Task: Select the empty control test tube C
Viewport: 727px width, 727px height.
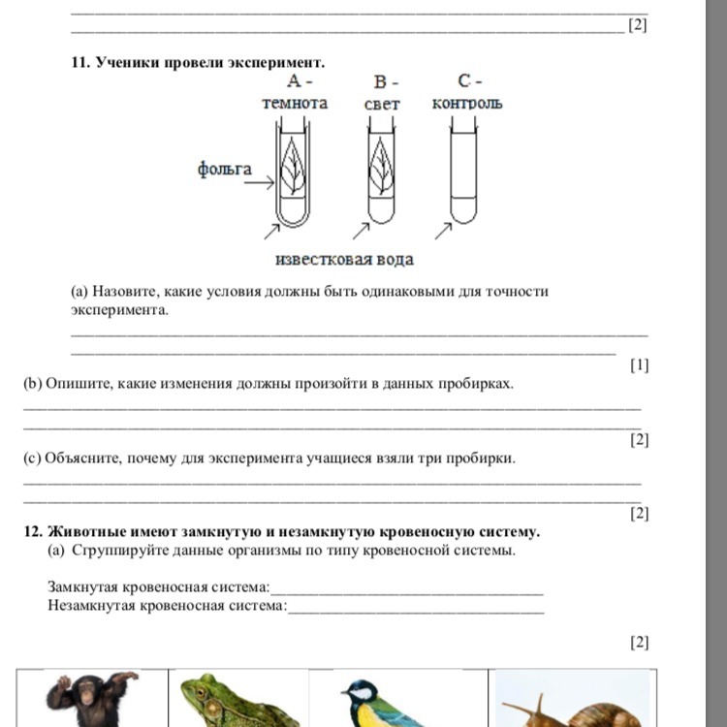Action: pos(465,174)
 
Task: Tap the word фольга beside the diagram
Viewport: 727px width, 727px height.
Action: pos(224,170)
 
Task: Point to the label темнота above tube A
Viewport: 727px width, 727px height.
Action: pos(295,103)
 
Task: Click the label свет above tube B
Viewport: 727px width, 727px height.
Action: pos(383,104)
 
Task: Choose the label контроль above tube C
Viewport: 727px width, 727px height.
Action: pos(467,103)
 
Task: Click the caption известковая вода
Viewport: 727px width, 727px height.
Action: pos(344,260)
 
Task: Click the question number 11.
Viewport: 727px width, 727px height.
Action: pos(79,62)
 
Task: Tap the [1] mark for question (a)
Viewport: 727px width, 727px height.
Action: pos(639,365)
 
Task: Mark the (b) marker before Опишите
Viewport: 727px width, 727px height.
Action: pos(33,383)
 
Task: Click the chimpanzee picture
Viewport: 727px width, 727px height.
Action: pos(93,699)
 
